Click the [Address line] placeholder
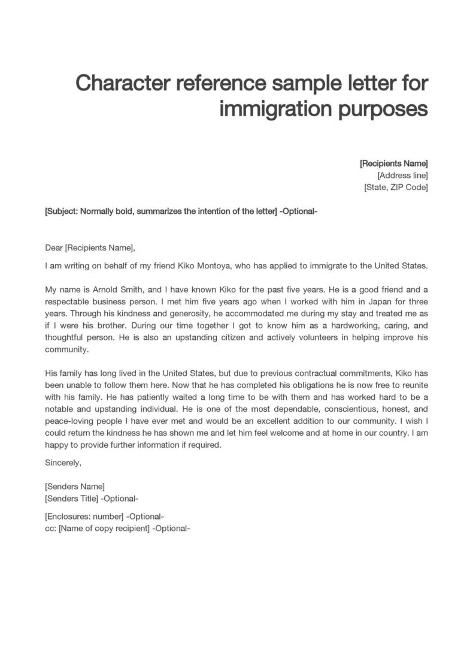click(402, 176)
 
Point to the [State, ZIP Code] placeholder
click(396, 188)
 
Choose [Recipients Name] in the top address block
click(393, 164)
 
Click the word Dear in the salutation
click(54, 248)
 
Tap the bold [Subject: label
click(62, 212)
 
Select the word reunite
click(412, 384)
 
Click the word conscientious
click(339, 408)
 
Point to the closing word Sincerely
click(63, 462)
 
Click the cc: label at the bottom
click(50, 528)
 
